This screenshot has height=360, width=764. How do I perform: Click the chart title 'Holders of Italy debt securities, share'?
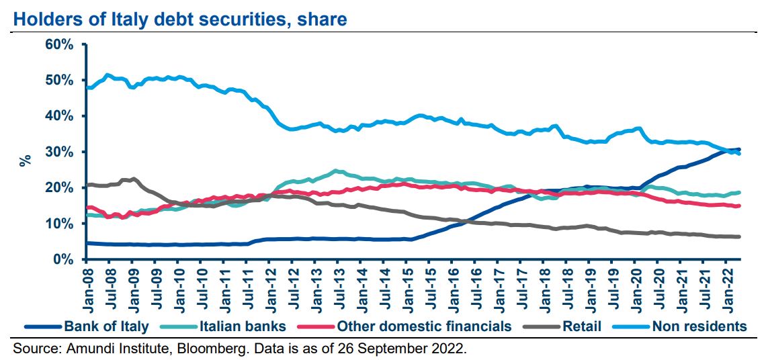point(180,19)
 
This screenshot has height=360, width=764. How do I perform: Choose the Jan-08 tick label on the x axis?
point(87,285)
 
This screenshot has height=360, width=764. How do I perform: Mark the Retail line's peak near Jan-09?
point(134,179)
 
